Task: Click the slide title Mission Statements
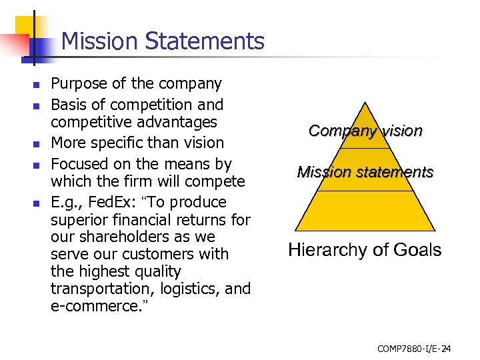point(163,41)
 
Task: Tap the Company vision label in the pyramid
point(365,131)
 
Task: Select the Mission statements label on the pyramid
point(365,172)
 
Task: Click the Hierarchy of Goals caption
point(365,250)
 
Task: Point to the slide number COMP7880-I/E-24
point(414,348)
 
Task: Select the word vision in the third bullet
point(205,143)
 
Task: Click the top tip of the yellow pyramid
point(365,101)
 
